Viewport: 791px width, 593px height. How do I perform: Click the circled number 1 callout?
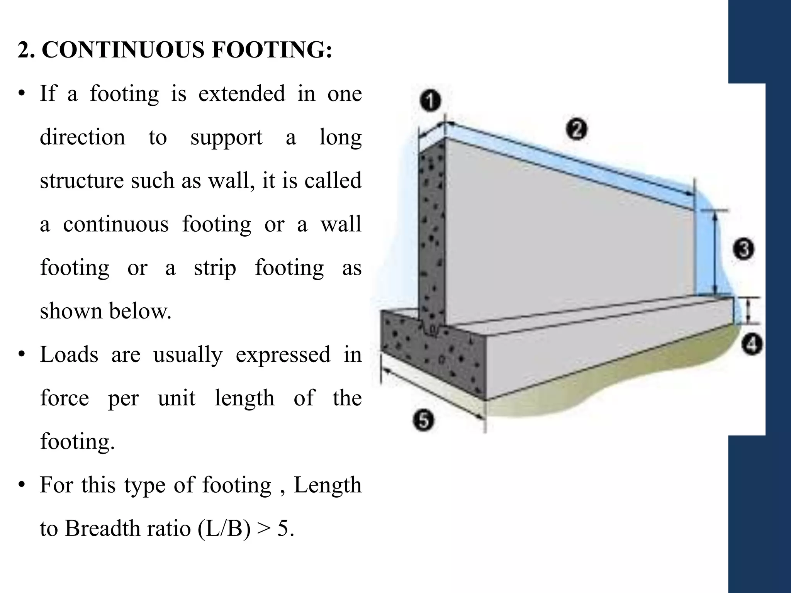pyautogui.click(x=430, y=101)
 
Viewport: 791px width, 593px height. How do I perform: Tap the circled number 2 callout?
pyautogui.click(x=577, y=129)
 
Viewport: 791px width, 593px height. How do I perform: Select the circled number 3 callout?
pyautogui.click(x=743, y=249)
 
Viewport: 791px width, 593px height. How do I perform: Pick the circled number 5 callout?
pyautogui.click(x=424, y=420)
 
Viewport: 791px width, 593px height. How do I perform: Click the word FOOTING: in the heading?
pyautogui.click(x=272, y=50)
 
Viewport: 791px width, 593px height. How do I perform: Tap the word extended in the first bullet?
pyautogui.click(x=241, y=93)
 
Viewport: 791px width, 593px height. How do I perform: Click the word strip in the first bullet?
pyautogui.click(x=215, y=268)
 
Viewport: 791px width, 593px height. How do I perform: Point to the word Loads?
pyautogui.click(x=69, y=354)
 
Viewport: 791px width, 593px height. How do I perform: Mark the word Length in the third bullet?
pyautogui.click(x=327, y=485)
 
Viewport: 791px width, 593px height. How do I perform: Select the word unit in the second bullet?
pyautogui.click(x=177, y=398)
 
